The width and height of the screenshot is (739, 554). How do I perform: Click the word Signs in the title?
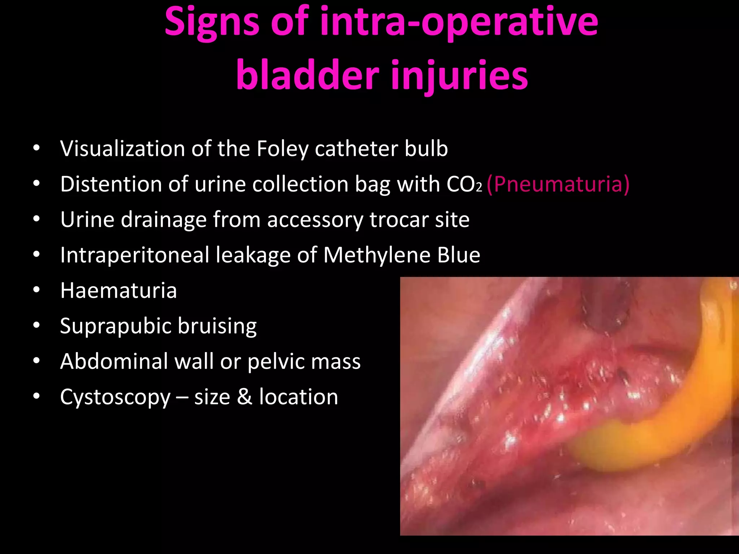tap(211, 22)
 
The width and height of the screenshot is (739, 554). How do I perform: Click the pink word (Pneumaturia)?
tap(558, 184)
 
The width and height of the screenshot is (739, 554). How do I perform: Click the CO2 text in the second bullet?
tap(464, 184)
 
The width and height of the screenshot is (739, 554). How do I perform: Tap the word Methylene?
tap(376, 255)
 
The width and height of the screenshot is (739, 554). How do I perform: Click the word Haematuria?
tap(118, 290)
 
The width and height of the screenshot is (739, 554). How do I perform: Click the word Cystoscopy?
tap(115, 397)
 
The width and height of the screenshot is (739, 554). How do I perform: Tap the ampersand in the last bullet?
tap(245, 397)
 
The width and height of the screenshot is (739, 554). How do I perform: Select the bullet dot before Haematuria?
tap(36, 290)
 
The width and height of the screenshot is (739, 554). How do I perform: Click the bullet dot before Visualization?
tap(36, 149)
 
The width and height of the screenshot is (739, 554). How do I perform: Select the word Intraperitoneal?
tap(134, 255)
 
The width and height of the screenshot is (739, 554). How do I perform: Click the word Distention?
tap(111, 184)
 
